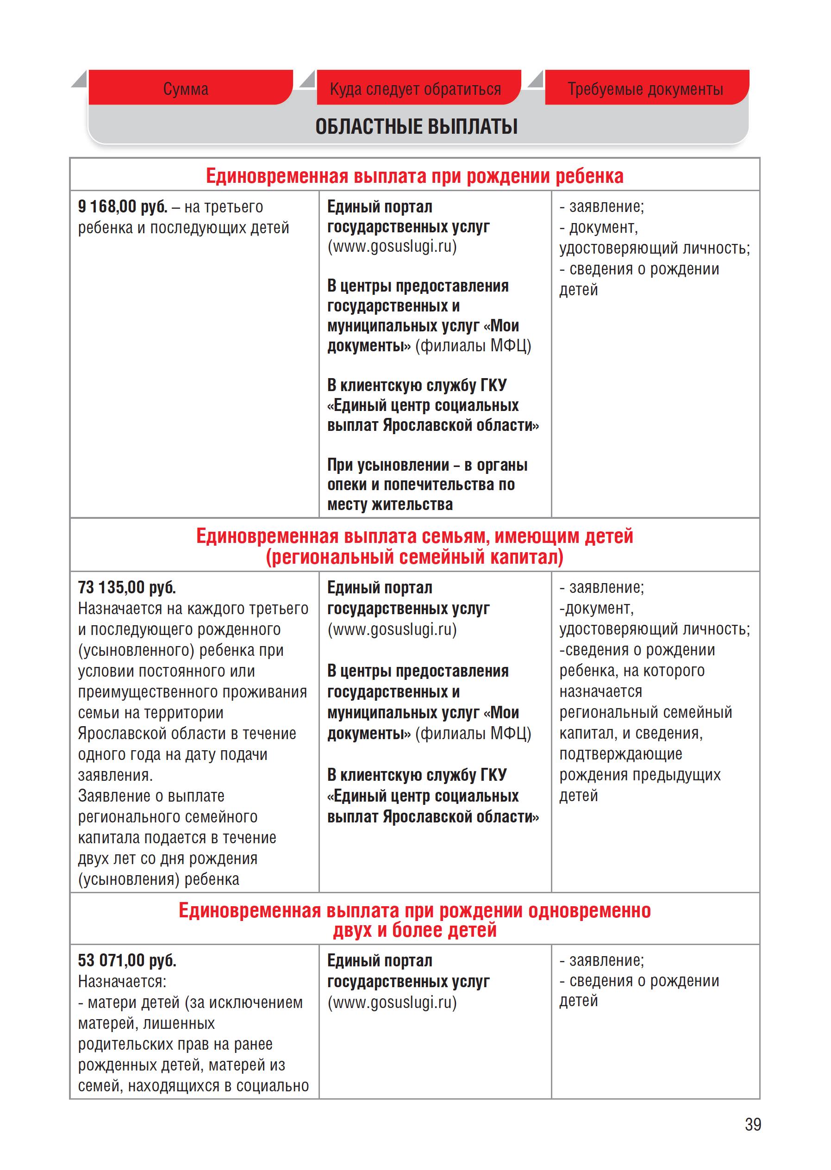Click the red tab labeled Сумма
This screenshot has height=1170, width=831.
[186, 89]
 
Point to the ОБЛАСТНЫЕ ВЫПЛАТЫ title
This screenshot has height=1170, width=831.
[416, 126]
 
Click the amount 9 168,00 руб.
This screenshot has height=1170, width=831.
[122, 207]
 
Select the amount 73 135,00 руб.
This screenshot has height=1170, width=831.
[126, 587]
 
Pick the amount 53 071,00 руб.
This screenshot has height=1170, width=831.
[127, 960]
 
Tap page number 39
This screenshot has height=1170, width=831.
[753, 1125]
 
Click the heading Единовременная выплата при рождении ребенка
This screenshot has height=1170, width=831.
[414, 176]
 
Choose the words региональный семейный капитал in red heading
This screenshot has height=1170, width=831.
[414, 557]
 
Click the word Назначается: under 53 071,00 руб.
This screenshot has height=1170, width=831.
[122, 981]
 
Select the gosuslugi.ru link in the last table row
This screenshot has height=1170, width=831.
[392, 1002]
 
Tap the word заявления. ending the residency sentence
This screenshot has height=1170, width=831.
[115, 775]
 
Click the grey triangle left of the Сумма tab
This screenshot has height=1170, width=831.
[79, 79]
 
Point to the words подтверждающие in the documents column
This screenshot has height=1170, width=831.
[620, 754]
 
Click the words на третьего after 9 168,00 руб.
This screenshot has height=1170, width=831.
[224, 207]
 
